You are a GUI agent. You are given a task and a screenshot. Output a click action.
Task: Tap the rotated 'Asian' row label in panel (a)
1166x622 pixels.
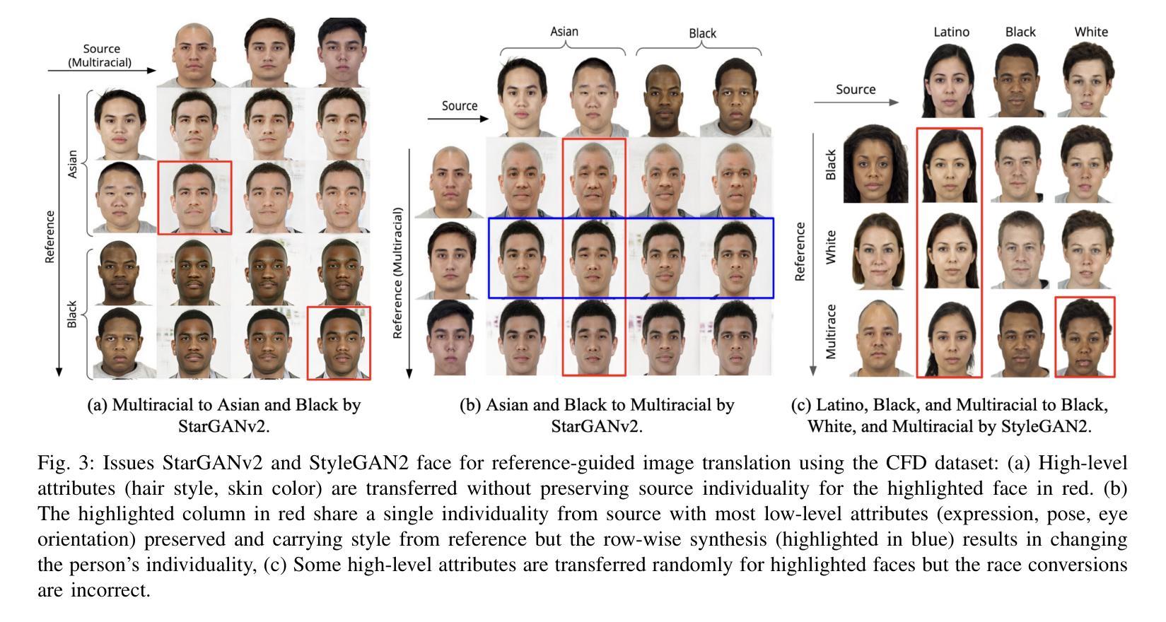pos(72,163)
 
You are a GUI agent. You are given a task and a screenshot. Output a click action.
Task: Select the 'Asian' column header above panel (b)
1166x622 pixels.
pos(564,31)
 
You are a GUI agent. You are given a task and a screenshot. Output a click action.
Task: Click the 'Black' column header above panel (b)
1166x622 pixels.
pos(702,33)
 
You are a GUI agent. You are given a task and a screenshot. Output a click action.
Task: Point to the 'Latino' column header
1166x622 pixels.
pos(951,32)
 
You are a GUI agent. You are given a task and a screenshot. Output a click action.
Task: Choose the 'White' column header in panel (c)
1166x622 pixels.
pos(1090,32)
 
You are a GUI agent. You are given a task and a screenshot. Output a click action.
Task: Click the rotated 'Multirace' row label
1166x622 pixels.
pos(832,331)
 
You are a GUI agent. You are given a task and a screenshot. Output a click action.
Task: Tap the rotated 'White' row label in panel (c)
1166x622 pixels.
pos(832,247)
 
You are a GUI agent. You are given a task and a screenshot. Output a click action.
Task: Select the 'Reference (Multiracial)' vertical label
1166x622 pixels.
pos(397,273)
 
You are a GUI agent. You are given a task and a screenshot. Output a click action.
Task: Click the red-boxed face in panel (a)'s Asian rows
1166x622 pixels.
pos(194,197)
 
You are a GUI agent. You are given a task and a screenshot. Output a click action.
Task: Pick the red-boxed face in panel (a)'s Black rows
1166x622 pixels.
pos(339,343)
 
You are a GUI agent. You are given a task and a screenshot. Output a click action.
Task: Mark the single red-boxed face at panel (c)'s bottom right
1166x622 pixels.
pos(1085,336)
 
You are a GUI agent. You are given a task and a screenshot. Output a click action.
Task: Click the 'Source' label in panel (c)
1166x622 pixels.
pos(855,90)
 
